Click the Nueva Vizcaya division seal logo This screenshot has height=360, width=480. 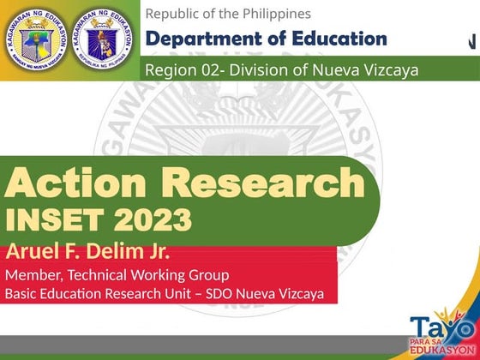[35, 39]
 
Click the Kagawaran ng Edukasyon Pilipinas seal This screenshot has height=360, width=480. [105, 39]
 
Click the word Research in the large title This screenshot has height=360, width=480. [263, 183]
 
